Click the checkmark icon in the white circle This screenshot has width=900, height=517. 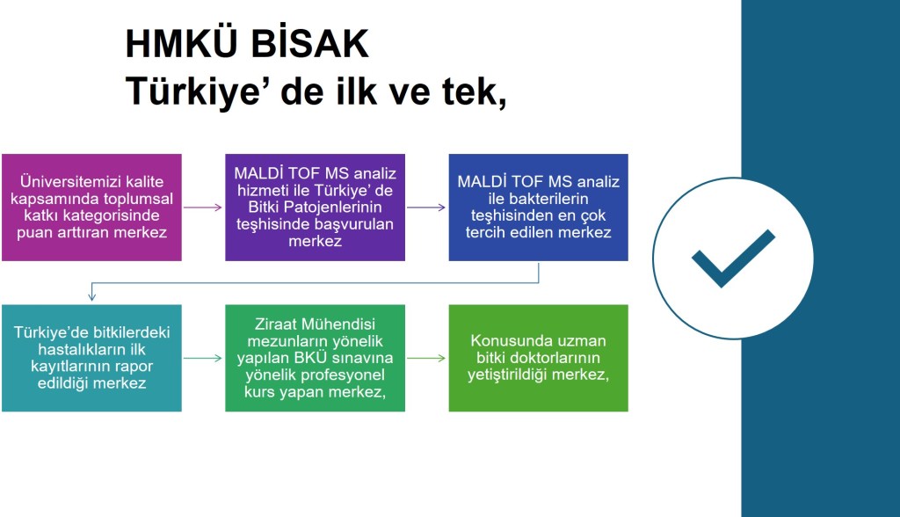[733, 258]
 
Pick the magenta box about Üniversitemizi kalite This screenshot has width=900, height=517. [91, 208]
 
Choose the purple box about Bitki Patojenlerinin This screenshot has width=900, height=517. [316, 208]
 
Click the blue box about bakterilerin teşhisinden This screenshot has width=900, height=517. [539, 208]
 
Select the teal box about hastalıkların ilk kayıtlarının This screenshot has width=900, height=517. [91, 358]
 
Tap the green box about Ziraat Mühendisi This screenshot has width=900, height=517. [316, 358]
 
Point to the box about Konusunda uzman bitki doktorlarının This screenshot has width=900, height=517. [539, 358]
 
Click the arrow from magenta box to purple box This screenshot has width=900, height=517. [203, 208]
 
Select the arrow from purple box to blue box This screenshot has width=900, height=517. [426, 208]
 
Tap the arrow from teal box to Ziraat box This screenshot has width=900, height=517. [203, 358]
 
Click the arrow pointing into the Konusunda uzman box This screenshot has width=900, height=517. [426, 358]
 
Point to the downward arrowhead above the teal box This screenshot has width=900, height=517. [91, 296]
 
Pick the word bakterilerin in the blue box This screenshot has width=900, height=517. [539, 199]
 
